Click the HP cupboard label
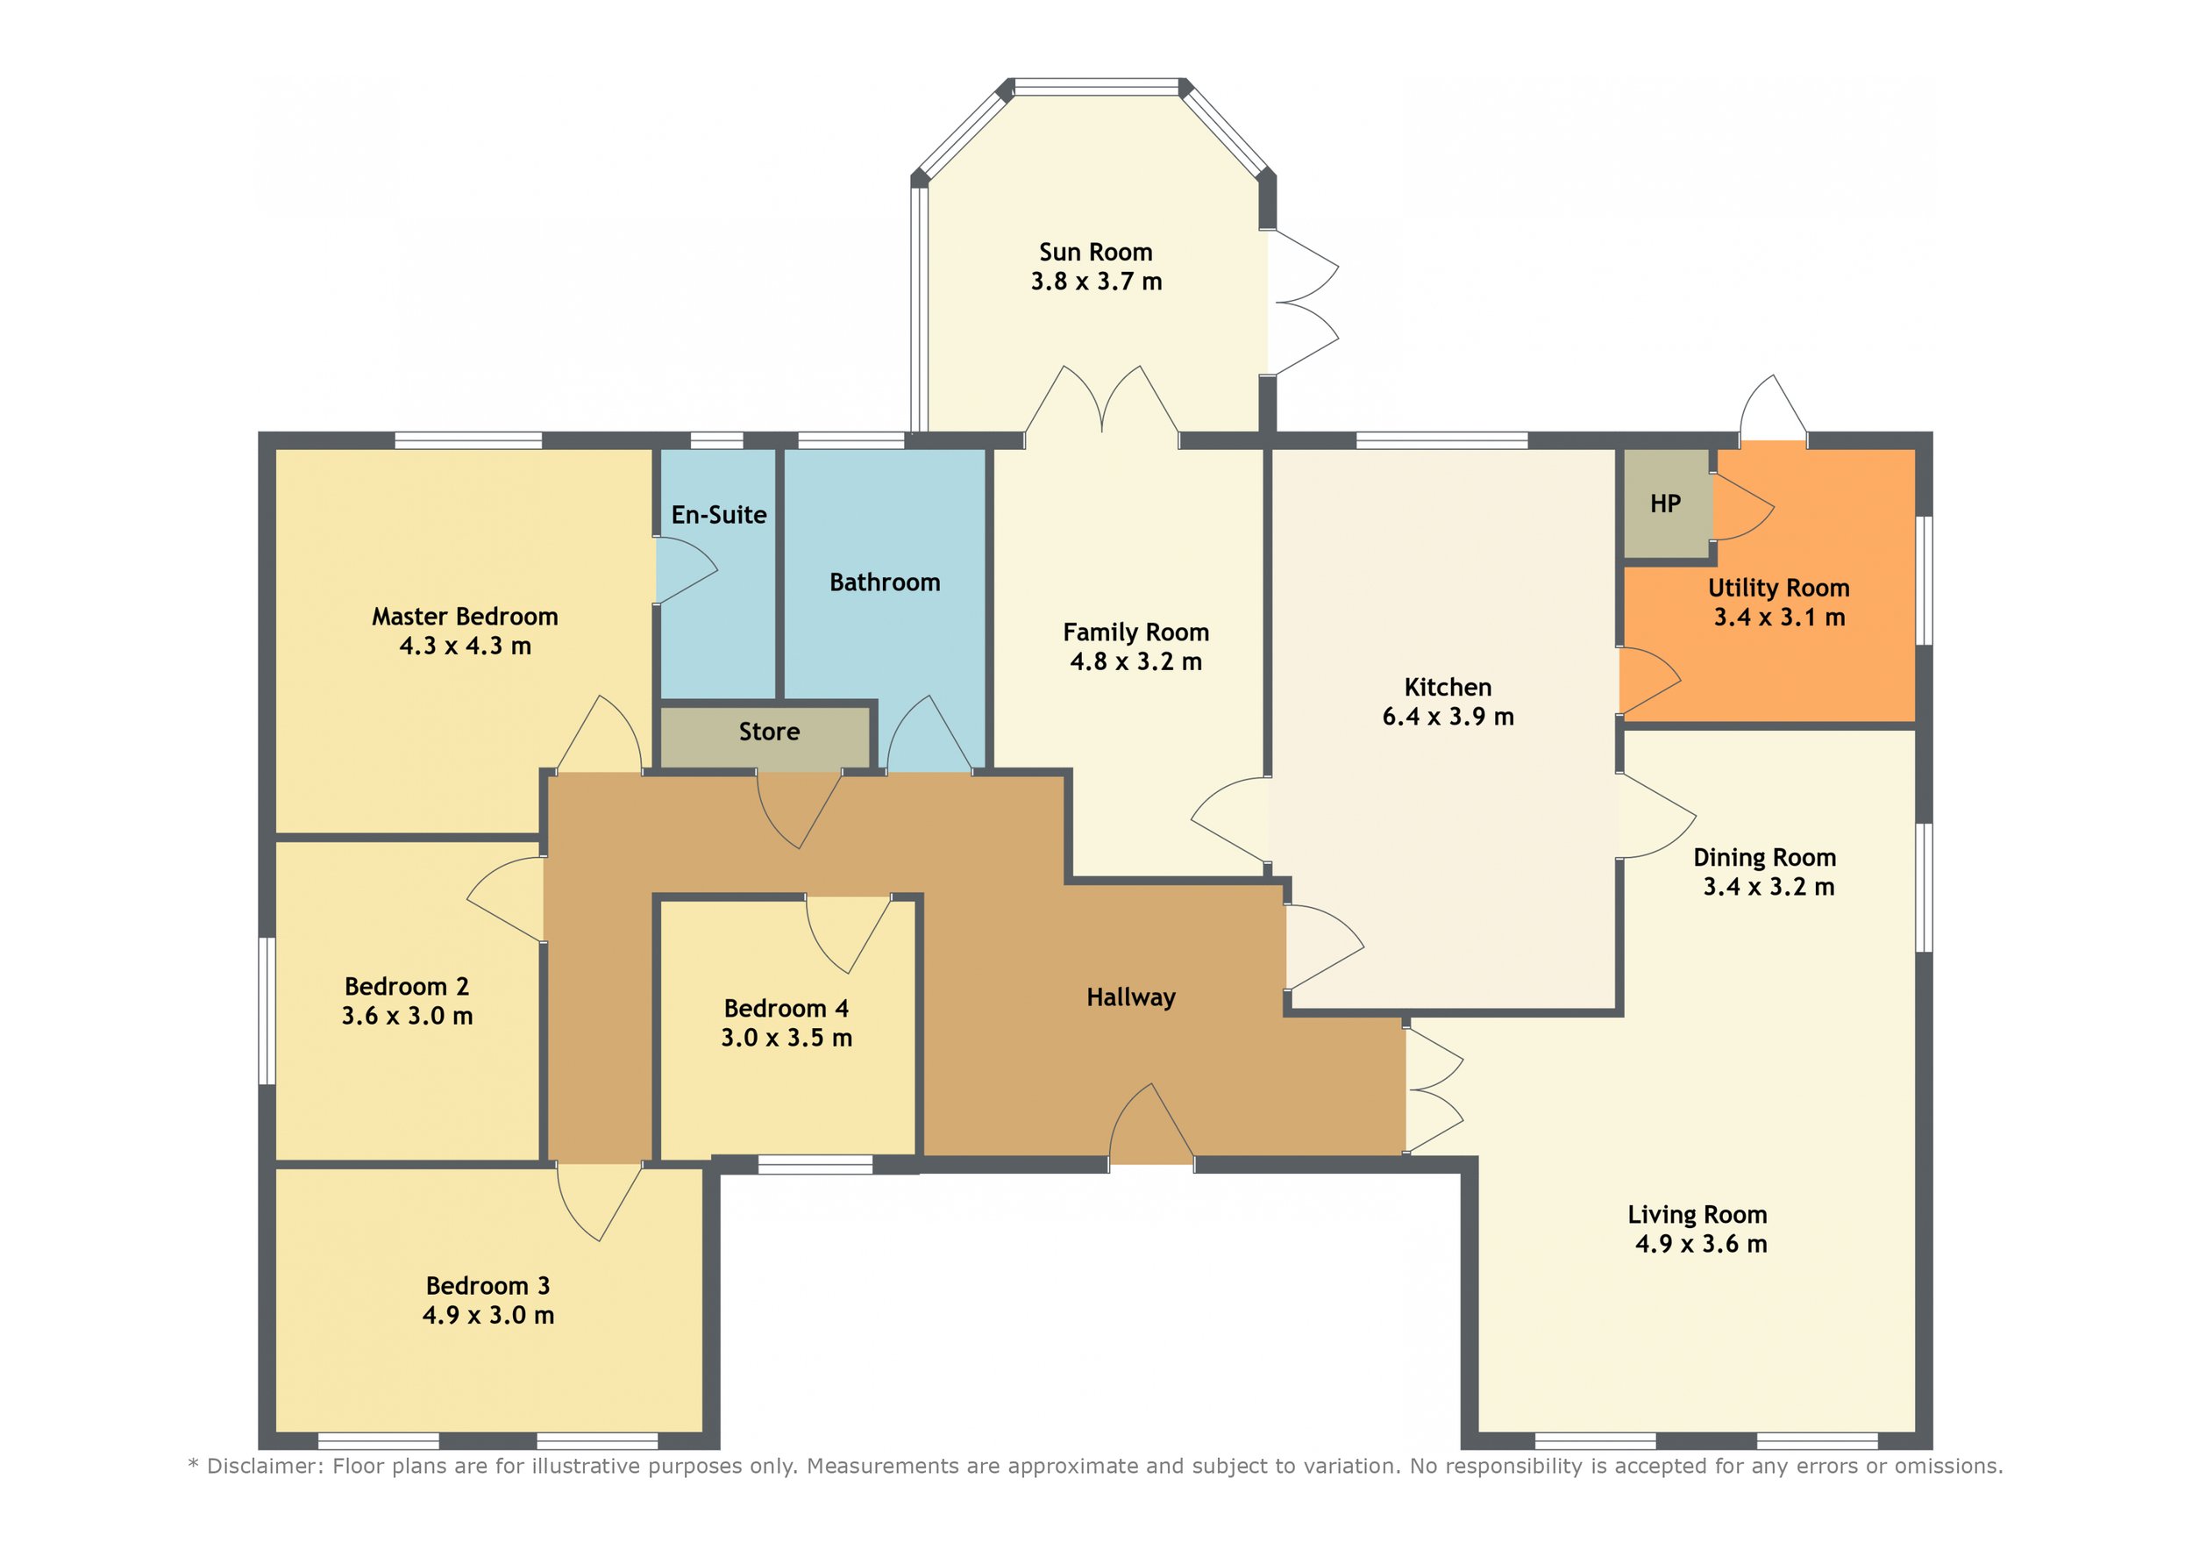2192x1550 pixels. pyautogui.click(x=1665, y=504)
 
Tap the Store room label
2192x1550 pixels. pyautogui.click(x=770, y=732)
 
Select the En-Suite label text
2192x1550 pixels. pyautogui.click(x=719, y=515)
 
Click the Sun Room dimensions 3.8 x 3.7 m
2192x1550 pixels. pyautogui.click(x=1096, y=282)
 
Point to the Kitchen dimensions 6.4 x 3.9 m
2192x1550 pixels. pyautogui.click(x=1448, y=717)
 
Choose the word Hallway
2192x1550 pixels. pyautogui.click(x=1131, y=998)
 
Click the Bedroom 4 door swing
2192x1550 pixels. pyautogui.click(x=849, y=934)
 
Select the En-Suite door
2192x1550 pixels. pyautogui.click(x=687, y=570)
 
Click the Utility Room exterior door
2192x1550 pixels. pyautogui.click(x=1773, y=409)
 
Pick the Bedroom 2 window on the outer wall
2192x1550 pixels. pyautogui.click(x=268, y=1011)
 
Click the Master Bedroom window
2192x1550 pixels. pyautogui.click(x=469, y=440)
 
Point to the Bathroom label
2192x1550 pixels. pyautogui.click(x=885, y=582)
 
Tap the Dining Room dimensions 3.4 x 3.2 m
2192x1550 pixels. pyautogui.click(x=1769, y=887)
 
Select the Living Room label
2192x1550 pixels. pyautogui.click(x=1697, y=1215)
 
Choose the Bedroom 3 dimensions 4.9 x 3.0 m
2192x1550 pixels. pyautogui.click(x=488, y=1315)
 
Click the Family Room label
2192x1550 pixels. pyautogui.click(x=1136, y=632)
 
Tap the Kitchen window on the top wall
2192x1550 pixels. pyautogui.click(x=1441, y=440)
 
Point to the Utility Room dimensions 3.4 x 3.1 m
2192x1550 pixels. pyautogui.click(x=1780, y=617)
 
